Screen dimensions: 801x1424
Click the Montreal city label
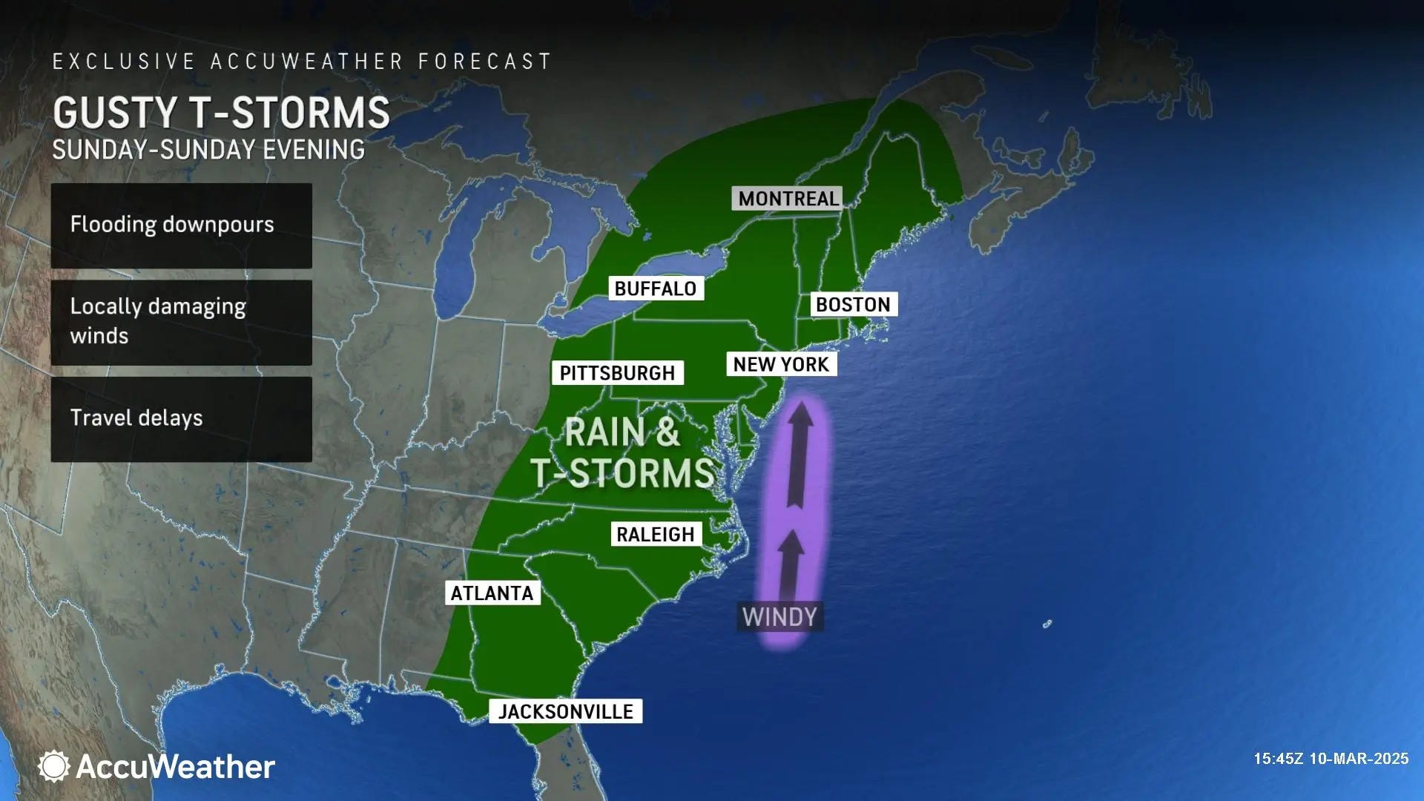coord(788,199)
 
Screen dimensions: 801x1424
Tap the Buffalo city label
coord(656,289)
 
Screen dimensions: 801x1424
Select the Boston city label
coord(853,305)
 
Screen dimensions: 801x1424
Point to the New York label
coord(781,364)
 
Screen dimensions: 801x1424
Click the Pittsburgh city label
coord(617,373)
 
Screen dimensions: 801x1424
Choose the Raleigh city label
coord(656,534)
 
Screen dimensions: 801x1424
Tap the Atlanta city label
coord(492,593)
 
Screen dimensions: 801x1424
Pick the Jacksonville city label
coord(565,712)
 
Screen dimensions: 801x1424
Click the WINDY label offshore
coord(779,617)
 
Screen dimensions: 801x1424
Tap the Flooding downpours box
coord(181,225)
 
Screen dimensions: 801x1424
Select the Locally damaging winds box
coord(181,322)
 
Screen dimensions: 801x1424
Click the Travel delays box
coord(181,419)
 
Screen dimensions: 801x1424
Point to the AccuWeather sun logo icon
coord(53,766)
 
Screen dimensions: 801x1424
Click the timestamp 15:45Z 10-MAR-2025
coord(1331,759)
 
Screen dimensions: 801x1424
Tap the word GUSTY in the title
coord(116,113)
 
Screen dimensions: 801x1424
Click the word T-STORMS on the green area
coord(623,473)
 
